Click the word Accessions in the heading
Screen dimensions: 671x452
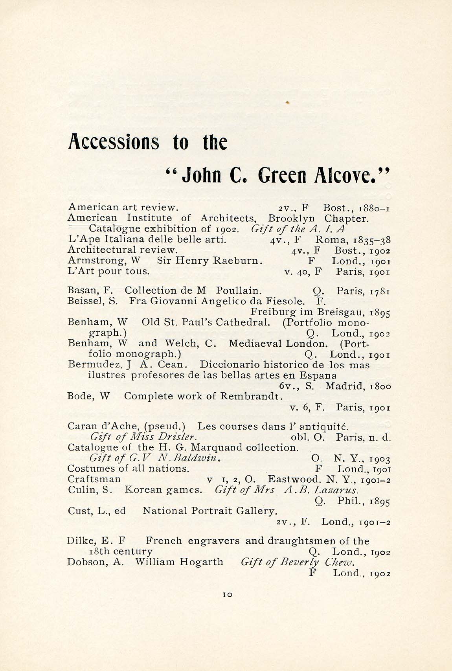pos(114,142)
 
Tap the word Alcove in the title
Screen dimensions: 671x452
pos(348,175)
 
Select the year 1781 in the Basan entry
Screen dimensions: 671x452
pos(380,291)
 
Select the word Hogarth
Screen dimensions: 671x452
pos(201,562)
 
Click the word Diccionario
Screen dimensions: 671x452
pos(228,365)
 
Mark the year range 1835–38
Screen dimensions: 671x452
pos(372,240)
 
